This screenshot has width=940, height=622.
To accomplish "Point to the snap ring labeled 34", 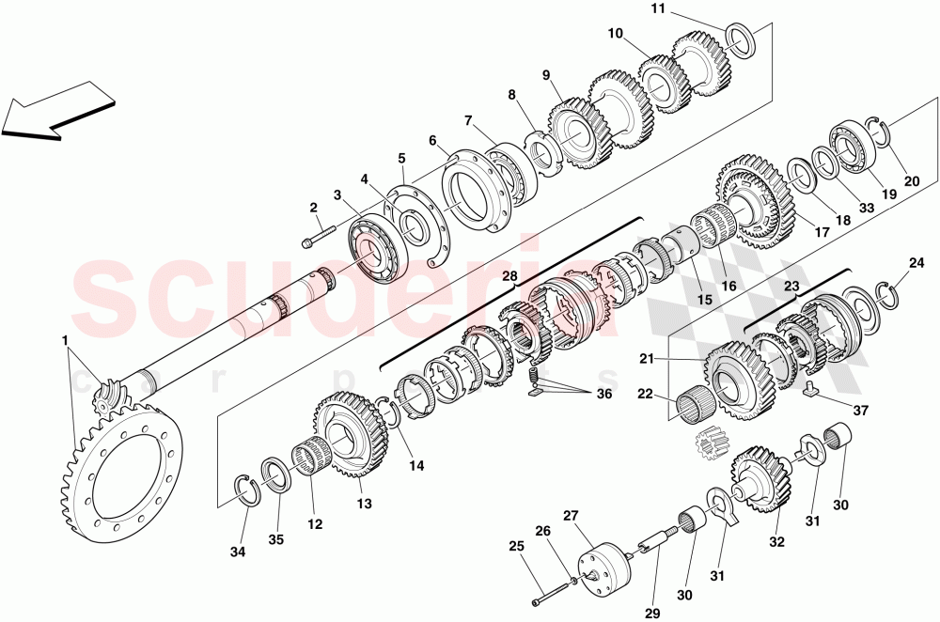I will pos(246,491).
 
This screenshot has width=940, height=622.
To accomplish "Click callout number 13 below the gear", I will pos(364,505).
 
